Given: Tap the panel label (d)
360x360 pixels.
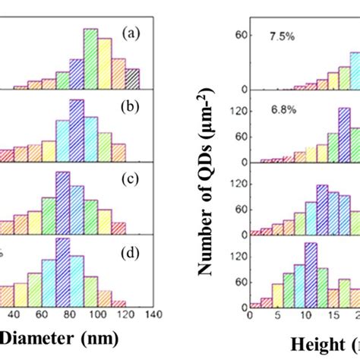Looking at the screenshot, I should click(131, 247).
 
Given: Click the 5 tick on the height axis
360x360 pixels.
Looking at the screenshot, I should click(278, 316).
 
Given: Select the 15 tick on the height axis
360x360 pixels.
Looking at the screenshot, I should click(331, 316).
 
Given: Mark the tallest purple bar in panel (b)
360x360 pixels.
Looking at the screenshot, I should click(77, 131).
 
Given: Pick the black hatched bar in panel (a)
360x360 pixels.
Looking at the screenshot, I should click(133, 80).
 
